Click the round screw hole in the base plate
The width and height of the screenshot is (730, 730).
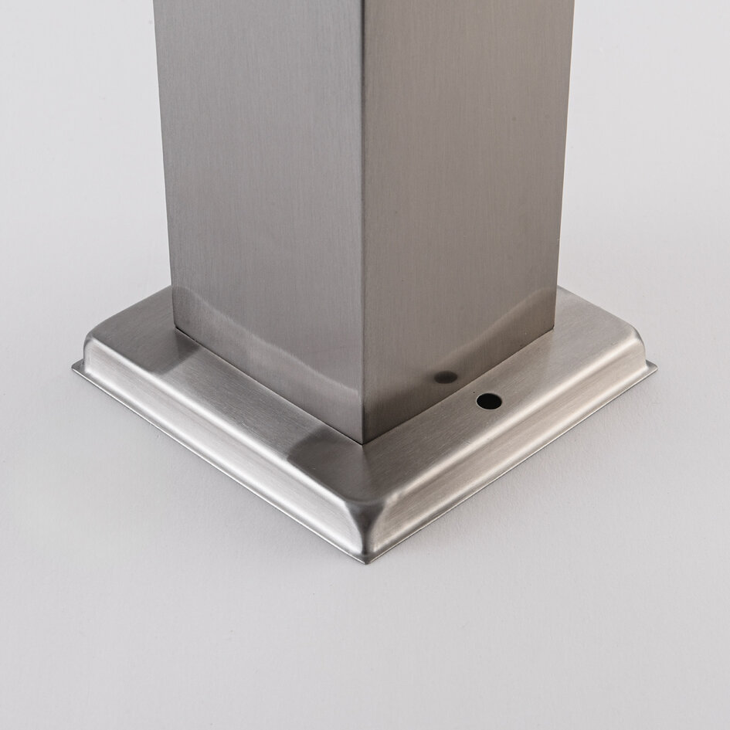click(x=488, y=401)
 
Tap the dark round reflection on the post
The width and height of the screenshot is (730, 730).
click(x=445, y=378)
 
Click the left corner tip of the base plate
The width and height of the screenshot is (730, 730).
click(x=75, y=367)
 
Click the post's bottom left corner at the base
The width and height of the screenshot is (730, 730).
click(x=175, y=331)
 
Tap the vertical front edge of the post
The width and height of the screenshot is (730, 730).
click(x=362, y=232)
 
